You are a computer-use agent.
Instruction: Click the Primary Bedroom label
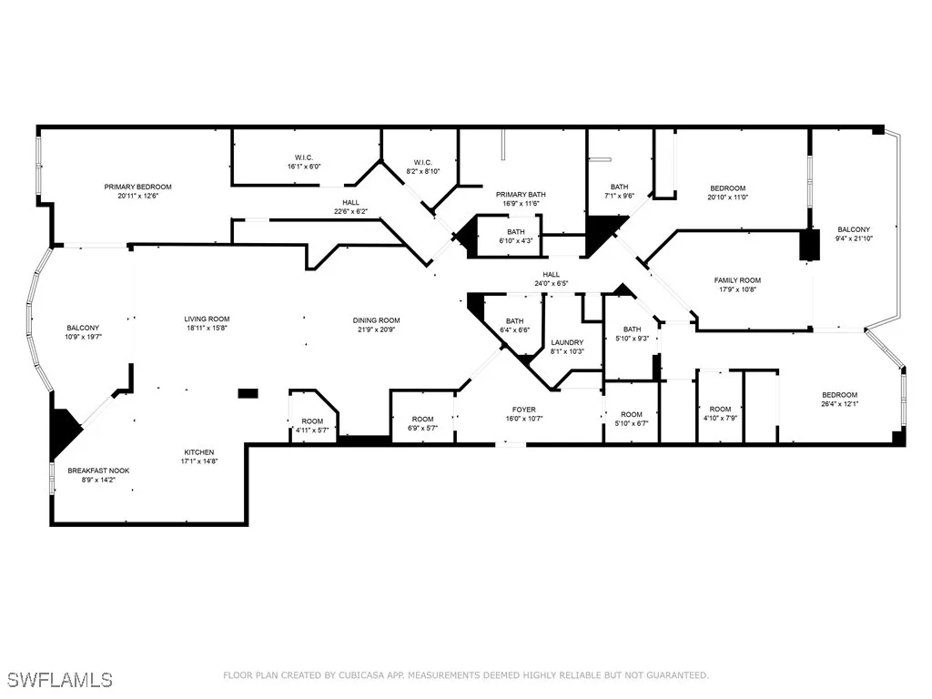(x=137, y=187)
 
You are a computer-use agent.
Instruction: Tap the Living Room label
(x=207, y=319)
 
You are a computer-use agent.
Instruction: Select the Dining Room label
(x=377, y=320)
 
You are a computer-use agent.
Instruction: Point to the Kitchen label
(x=199, y=452)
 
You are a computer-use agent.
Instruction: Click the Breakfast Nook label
(x=98, y=471)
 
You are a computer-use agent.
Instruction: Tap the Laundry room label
(x=567, y=342)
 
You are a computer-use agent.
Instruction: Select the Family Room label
(x=737, y=280)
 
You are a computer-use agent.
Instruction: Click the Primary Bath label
(x=521, y=195)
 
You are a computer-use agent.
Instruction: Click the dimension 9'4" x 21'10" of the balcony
(x=854, y=238)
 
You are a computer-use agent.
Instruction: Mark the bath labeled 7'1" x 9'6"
(x=619, y=196)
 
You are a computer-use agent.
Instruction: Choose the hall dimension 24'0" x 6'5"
(x=552, y=283)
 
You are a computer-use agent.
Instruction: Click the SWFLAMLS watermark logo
(x=61, y=680)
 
